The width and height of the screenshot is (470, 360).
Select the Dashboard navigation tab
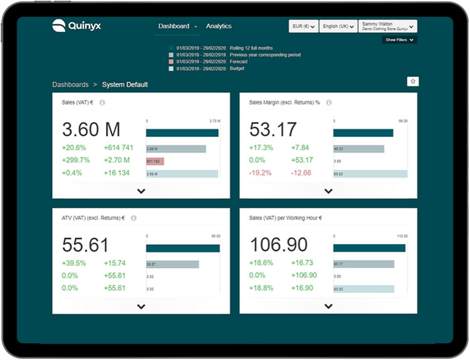click(174, 26)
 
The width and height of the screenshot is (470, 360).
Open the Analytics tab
click(219, 26)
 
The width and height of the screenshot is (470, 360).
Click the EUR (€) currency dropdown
click(303, 26)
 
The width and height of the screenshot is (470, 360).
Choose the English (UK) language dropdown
click(338, 26)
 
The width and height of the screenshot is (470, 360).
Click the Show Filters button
click(400, 40)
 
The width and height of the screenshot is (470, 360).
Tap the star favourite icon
click(412, 81)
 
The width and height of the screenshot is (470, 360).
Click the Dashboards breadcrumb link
click(70, 85)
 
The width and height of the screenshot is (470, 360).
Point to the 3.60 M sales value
click(91, 130)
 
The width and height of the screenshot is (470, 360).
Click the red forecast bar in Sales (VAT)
click(155, 161)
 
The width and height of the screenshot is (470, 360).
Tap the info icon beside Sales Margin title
click(329, 102)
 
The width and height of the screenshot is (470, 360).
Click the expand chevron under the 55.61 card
click(141, 307)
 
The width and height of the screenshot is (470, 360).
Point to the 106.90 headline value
click(279, 245)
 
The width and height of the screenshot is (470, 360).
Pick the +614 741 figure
click(118, 148)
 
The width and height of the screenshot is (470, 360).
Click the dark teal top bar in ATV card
click(182, 249)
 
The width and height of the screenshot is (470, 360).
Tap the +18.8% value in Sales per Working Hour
click(261, 288)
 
